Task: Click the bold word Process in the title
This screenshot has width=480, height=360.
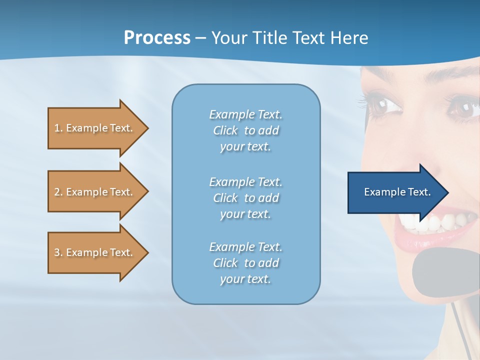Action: pyautogui.click(x=157, y=38)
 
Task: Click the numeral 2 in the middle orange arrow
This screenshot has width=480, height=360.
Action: pyautogui.click(x=57, y=192)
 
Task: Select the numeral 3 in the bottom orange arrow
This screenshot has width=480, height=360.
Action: pyautogui.click(x=57, y=252)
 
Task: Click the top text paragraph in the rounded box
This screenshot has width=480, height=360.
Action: pyautogui.click(x=245, y=130)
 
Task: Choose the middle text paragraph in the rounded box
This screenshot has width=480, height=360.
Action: pyautogui.click(x=245, y=198)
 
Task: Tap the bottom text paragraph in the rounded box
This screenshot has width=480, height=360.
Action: pyautogui.click(x=245, y=263)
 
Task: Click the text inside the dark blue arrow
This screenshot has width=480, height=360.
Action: pyautogui.click(x=397, y=192)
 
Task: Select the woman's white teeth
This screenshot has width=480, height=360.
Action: pyautogui.click(x=440, y=222)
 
